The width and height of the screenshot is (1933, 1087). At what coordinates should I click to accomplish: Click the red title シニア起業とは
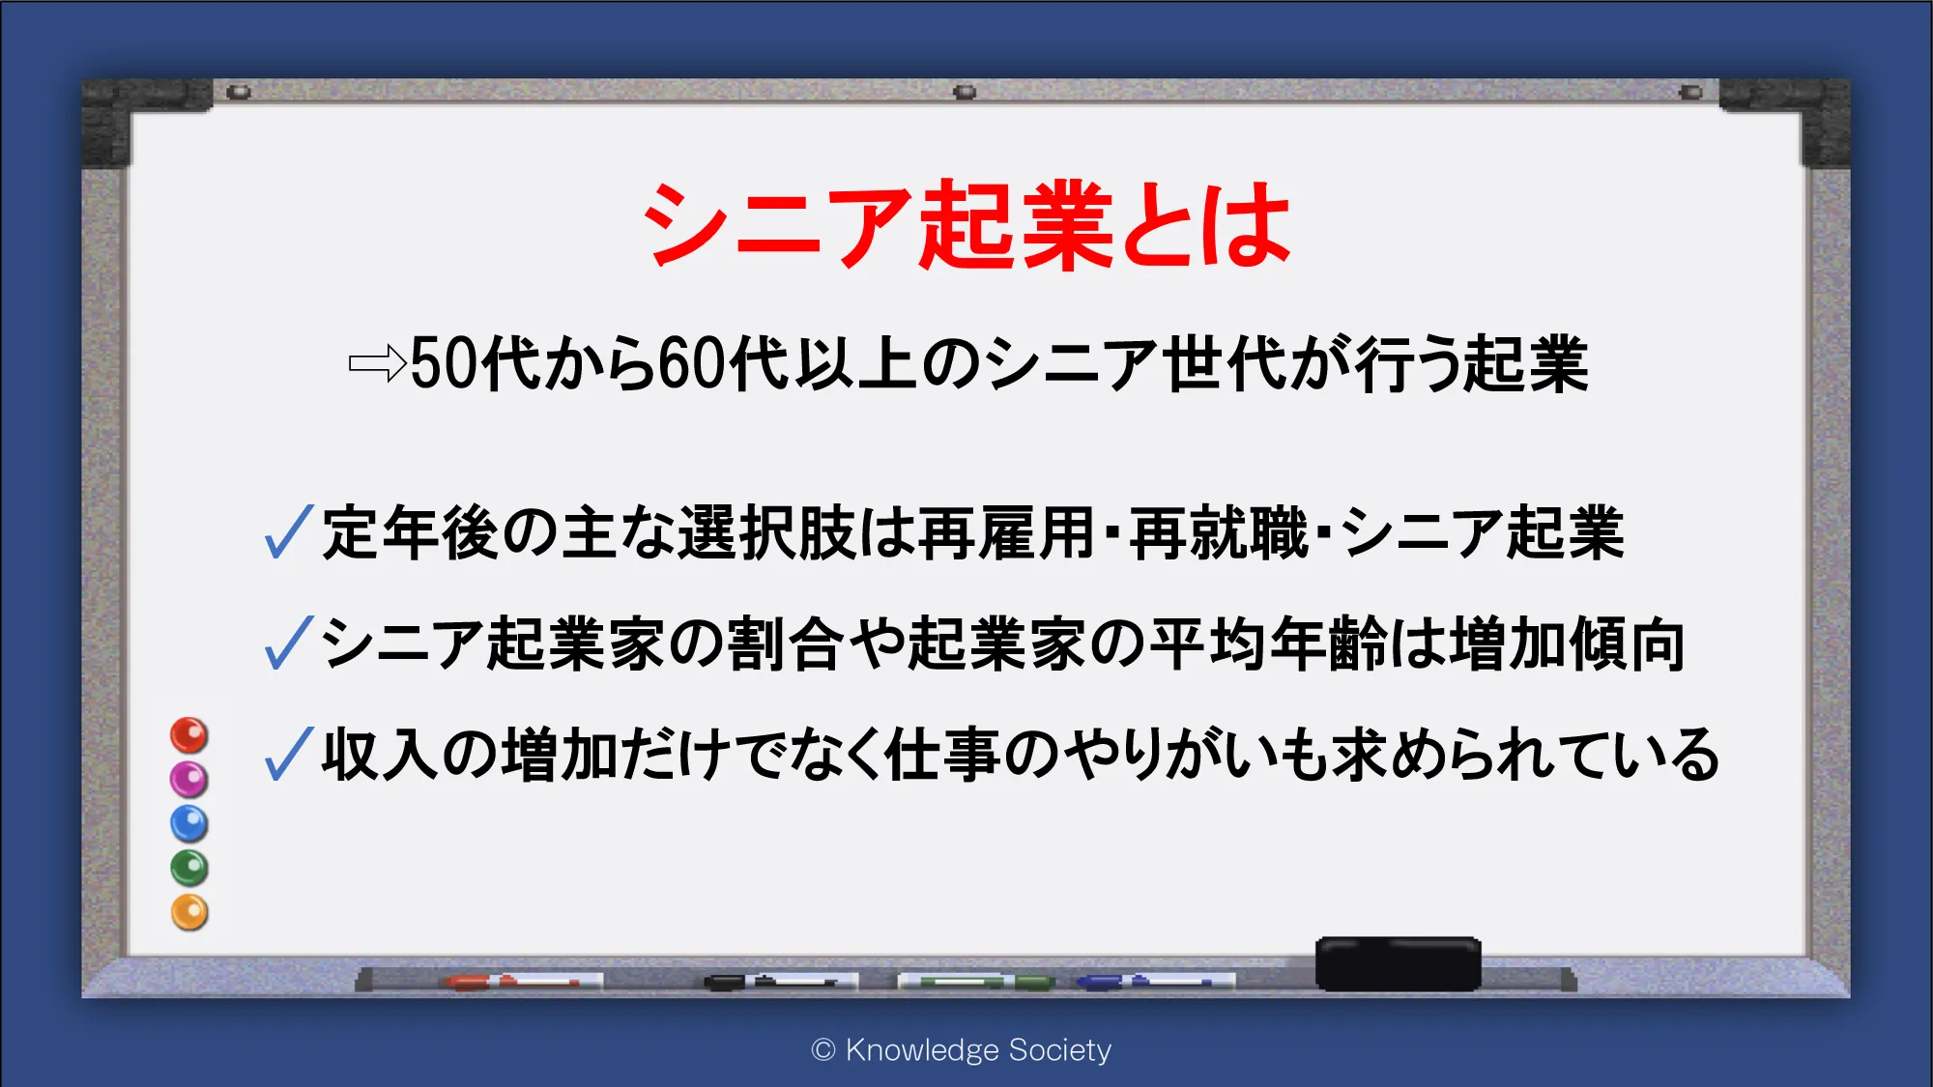967,224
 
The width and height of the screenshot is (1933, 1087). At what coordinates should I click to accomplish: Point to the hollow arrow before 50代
378,363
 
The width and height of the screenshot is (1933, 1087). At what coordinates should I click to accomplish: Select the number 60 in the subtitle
692,364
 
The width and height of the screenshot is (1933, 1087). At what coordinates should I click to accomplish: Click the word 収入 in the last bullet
381,755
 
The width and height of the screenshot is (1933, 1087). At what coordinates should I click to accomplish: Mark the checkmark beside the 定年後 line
288,532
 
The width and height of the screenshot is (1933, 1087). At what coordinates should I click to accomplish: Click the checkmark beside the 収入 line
288,755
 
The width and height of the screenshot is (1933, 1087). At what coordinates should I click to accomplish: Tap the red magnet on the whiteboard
189,735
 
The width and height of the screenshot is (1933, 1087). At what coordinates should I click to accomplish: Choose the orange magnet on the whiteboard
189,912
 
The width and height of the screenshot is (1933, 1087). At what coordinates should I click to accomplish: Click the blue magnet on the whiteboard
189,823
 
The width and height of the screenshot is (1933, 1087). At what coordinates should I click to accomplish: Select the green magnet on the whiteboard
189,868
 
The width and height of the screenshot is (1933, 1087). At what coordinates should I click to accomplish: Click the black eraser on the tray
1398,963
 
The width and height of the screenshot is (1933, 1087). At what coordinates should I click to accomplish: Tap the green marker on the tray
976,982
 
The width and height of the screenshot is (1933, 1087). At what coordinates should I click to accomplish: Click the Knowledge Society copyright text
962,1049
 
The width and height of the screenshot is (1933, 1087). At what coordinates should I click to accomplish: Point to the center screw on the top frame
965,92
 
